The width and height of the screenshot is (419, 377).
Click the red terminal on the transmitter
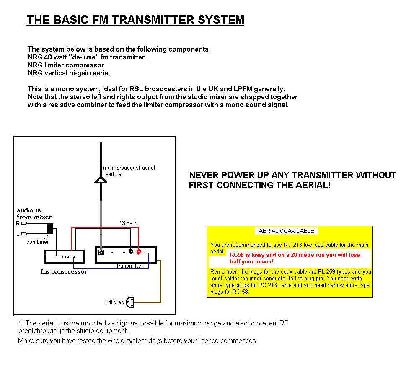tap(139, 252)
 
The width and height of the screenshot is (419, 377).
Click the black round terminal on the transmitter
tap(131, 252)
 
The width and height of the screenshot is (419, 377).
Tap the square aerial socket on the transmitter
tap(101, 253)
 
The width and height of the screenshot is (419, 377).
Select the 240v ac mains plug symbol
tap(130, 302)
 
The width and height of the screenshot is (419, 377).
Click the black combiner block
tap(51, 229)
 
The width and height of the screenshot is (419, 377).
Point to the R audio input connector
tap(24, 224)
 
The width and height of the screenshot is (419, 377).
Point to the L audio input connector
tap(24, 234)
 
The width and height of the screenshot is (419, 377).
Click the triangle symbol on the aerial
tap(101, 180)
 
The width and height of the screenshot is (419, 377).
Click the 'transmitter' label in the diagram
tap(130, 266)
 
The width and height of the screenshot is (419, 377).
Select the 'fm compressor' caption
tap(64, 271)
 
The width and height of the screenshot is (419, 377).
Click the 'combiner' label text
tap(38, 242)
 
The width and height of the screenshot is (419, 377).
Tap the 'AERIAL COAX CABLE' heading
tap(287, 231)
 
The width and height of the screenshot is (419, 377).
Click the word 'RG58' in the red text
tap(238, 254)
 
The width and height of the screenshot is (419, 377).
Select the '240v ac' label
tap(114, 302)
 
